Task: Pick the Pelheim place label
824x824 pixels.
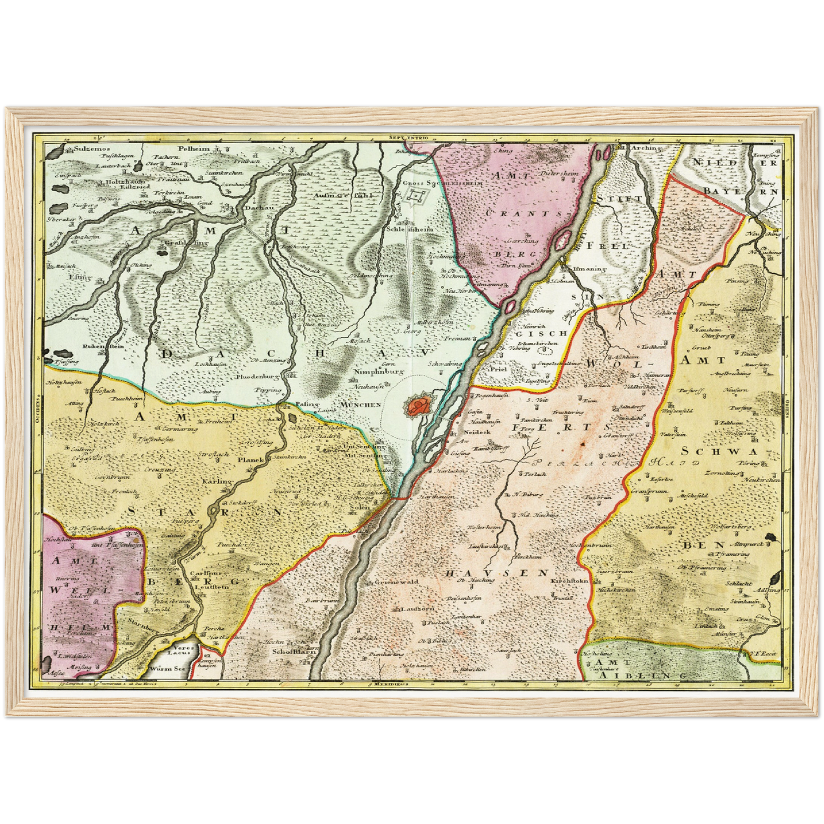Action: coord(194,148)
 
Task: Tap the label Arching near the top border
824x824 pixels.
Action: coord(645,148)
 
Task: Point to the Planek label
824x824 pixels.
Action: coord(251,460)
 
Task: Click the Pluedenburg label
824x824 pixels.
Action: coord(257,377)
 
